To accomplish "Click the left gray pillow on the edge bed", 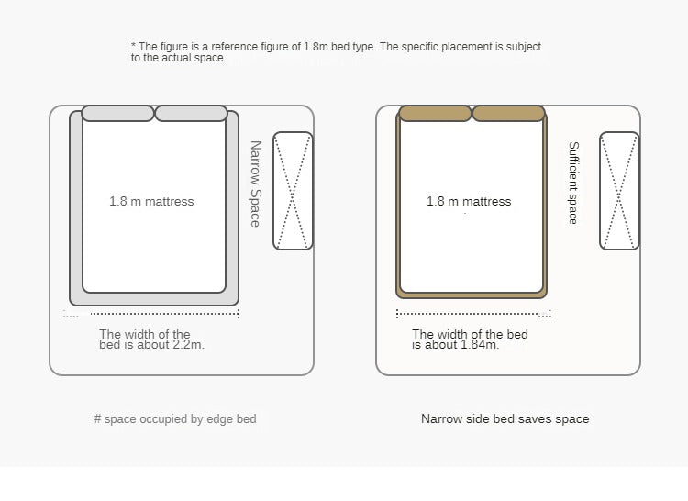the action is (118, 113).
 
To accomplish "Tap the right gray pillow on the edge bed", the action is (192, 113).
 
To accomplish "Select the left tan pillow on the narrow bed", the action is (435, 113).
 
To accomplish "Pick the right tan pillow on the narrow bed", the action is (508, 113).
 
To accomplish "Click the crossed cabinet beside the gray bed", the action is (294, 191).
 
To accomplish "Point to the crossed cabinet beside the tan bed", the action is (619, 191).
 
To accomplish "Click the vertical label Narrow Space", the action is (255, 184).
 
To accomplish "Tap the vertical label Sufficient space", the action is (573, 183).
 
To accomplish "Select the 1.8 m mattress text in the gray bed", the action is (151, 201).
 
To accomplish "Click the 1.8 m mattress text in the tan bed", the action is (469, 201).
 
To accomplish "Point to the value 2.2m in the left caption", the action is (189, 345).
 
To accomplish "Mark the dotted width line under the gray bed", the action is (164, 314).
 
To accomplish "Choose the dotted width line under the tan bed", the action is (468, 314).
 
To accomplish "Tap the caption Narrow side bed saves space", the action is (505, 419).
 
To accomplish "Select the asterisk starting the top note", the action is (133, 45).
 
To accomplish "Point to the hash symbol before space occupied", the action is (97, 419).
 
